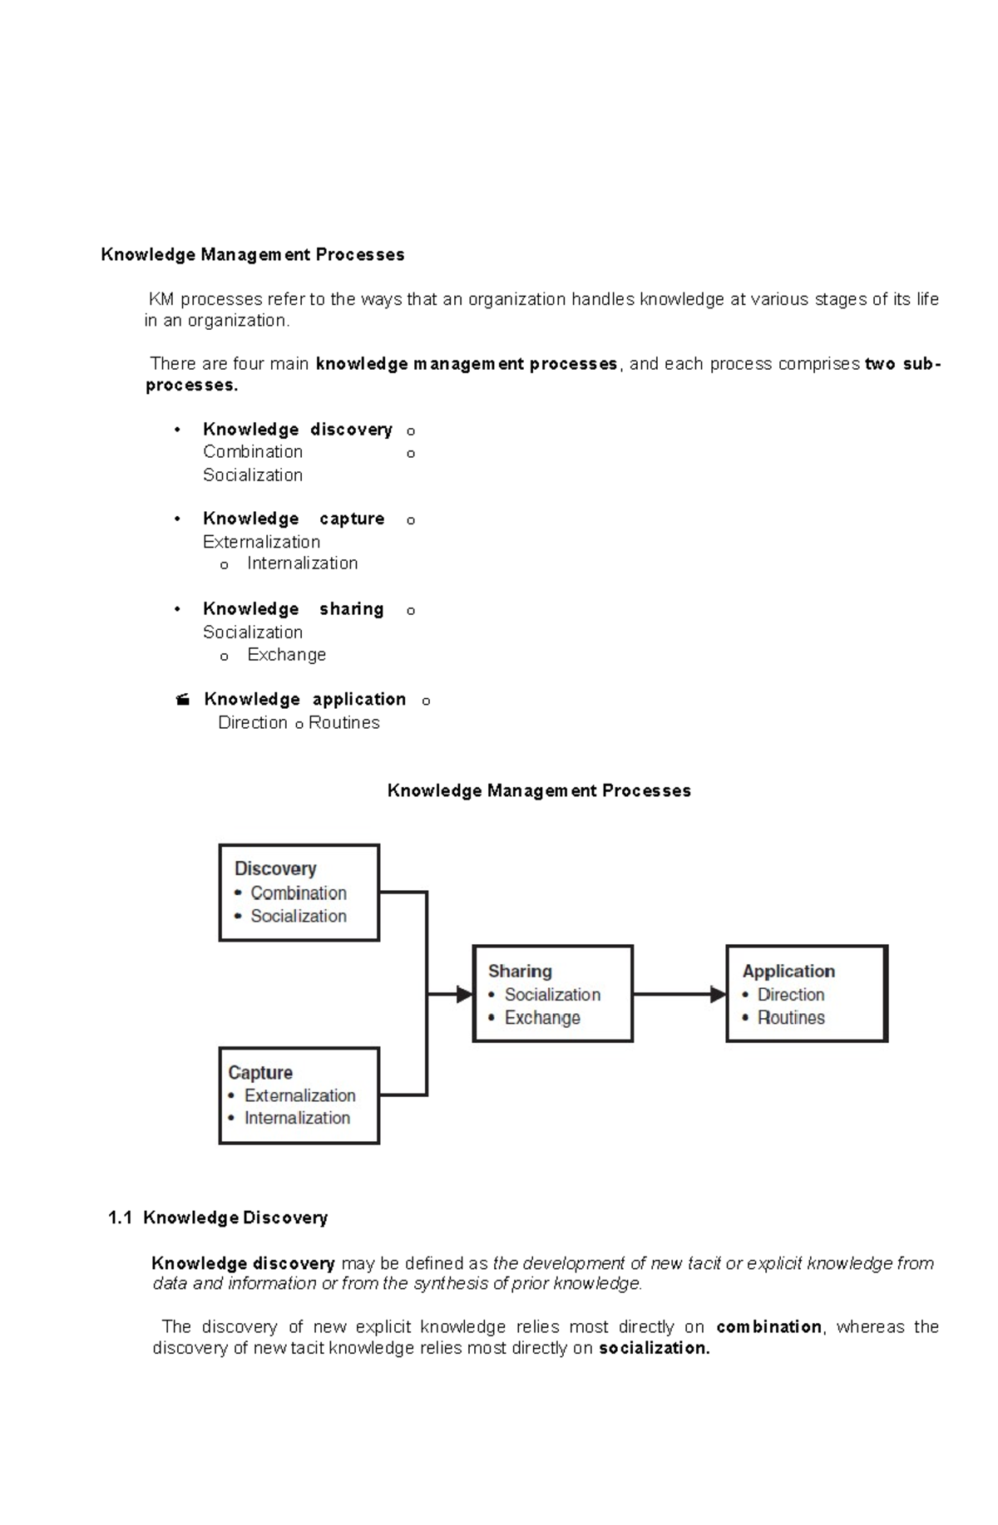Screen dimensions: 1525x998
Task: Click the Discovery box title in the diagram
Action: (275, 868)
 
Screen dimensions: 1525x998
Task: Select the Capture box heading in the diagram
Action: (260, 1072)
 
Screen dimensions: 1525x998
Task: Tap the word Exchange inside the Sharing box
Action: (542, 1017)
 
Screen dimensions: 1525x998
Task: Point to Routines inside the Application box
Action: (791, 1017)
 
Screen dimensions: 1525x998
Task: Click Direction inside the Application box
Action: (791, 994)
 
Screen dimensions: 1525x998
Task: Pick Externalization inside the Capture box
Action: (299, 1095)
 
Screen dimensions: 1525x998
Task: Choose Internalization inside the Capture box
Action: (297, 1118)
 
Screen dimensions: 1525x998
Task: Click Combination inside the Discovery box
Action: (299, 893)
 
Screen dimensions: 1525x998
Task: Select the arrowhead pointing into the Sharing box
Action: (464, 994)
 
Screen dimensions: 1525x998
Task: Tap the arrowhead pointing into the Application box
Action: (718, 994)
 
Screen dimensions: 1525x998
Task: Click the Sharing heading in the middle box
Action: (520, 971)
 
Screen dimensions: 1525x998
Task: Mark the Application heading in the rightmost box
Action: (788, 971)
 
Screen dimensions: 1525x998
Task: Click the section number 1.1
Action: (121, 1218)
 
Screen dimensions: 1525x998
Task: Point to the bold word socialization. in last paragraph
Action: (655, 1348)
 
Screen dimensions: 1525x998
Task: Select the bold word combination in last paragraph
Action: (768, 1326)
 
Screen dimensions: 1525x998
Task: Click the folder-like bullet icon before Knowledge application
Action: (183, 700)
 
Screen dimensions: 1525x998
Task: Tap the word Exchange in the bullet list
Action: (286, 655)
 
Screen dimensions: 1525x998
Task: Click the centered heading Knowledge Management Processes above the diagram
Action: (539, 790)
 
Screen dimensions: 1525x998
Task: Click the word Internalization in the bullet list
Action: (302, 563)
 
